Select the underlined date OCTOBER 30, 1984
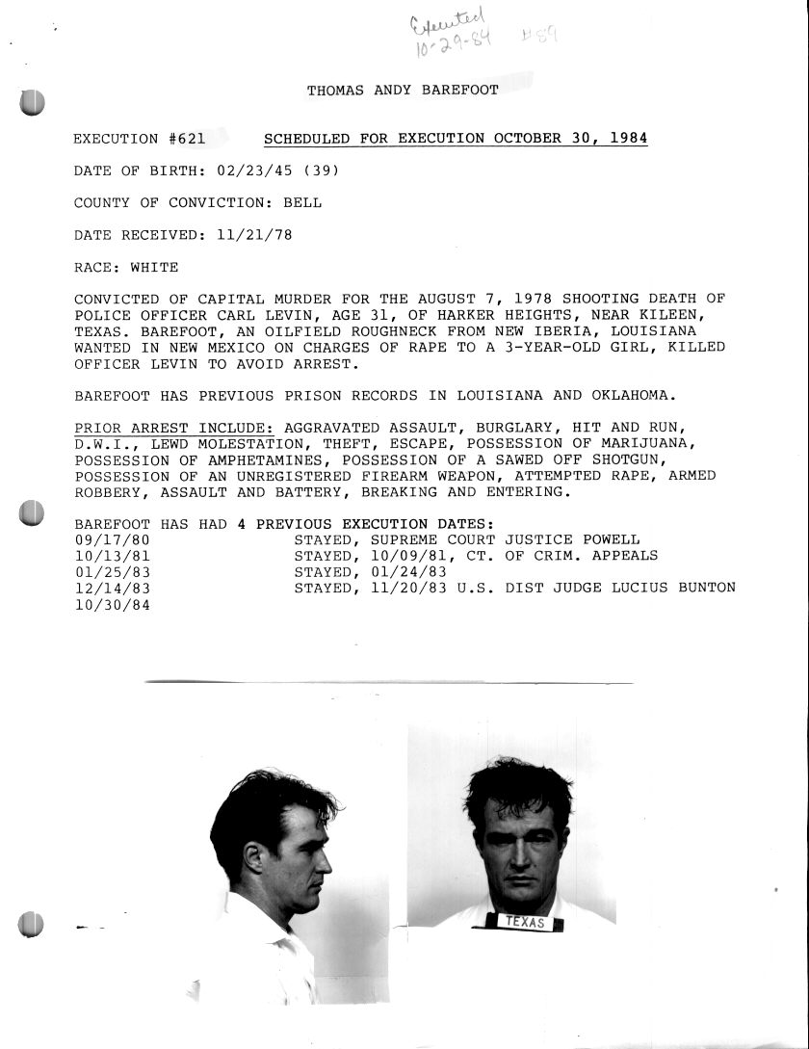point(570,139)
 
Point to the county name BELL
point(302,203)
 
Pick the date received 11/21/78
point(245,235)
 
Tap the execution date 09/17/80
point(112,539)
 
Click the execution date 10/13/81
point(112,556)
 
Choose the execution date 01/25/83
point(112,571)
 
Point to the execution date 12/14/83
point(112,588)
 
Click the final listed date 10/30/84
point(112,604)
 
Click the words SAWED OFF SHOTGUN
point(578,459)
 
